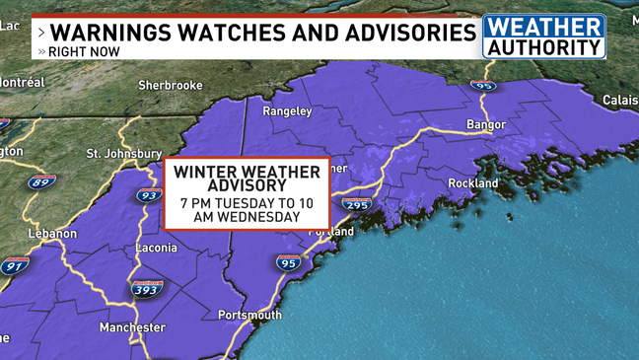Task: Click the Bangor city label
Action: (x=485, y=124)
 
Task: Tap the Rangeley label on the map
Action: (x=287, y=111)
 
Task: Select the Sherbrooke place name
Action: (x=170, y=86)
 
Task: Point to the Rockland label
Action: (x=473, y=183)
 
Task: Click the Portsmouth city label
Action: (x=249, y=315)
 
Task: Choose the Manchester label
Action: (x=132, y=327)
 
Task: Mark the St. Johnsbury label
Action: (x=124, y=154)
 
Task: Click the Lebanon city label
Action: (x=52, y=234)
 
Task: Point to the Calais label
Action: (x=620, y=101)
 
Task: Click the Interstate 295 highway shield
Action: (x=356, y=204)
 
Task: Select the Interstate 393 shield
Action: (x=146, y=289)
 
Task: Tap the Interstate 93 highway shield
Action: (x=148, y=195)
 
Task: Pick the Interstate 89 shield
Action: (x=41, y=182)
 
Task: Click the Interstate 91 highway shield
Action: (x=14, y=266)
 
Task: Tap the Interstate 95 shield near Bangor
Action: (x=482, y=86)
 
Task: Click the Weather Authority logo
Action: (x=543, y=36)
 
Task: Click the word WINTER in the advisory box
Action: (x=204, y=172)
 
